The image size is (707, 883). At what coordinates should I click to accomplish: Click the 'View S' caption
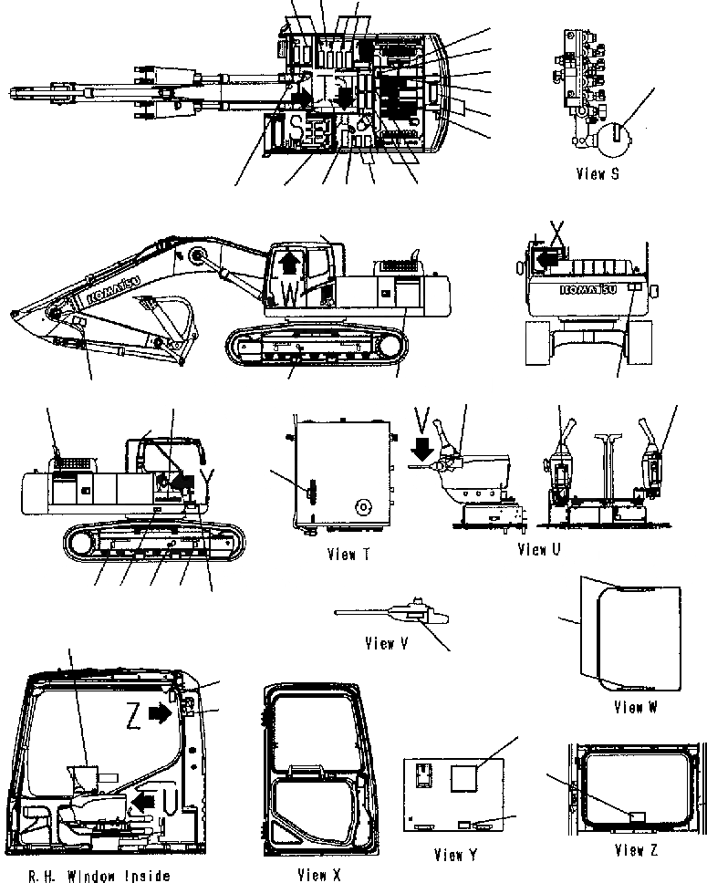coord(598,173)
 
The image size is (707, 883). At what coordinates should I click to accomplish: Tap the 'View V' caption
coord(386,643)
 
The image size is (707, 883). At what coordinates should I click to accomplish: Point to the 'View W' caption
coord(635,707)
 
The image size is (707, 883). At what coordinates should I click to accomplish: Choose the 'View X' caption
coord(318,875)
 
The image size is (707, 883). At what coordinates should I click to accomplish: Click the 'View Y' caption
coord(455,855)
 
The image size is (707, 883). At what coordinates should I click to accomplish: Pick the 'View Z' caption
coord(635,850)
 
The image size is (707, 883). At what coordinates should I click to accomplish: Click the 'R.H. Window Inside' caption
coord(99,876)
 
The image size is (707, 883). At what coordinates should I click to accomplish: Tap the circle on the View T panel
coord(363,506)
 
